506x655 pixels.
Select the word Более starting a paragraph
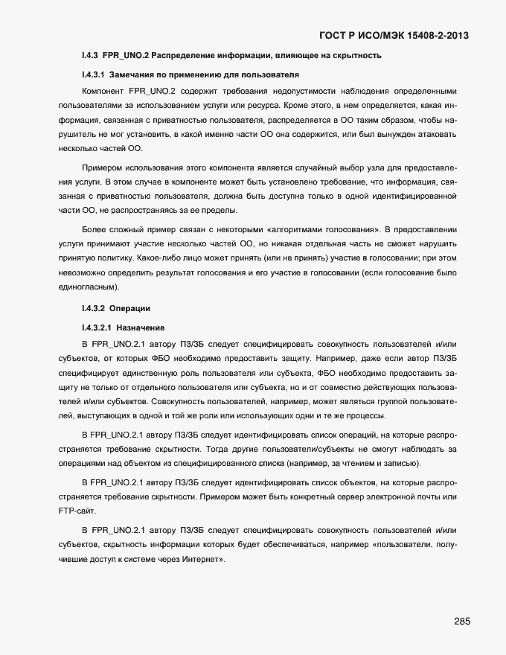tap(95, 229)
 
